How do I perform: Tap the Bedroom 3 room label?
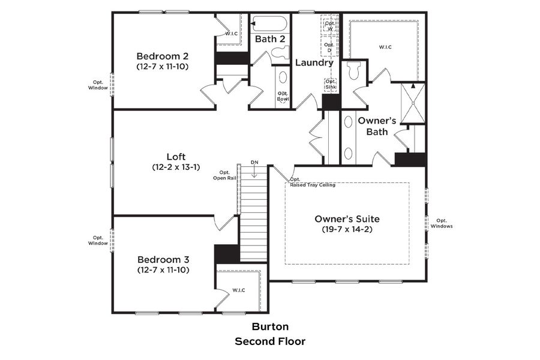(163, 259)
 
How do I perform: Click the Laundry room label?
(313, 62)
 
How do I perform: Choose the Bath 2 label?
(269, 39)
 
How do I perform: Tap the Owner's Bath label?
(373, 125)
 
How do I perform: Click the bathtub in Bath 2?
(269, 24)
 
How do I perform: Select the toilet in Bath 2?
(280, 53)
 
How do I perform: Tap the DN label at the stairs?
(254, 163)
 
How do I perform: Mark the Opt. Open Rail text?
(224, 175)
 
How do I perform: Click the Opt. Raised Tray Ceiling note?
(312, 182)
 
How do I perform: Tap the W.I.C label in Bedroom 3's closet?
(239, 290)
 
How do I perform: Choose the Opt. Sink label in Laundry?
(331, 84)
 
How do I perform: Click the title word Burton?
(269, 327)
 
